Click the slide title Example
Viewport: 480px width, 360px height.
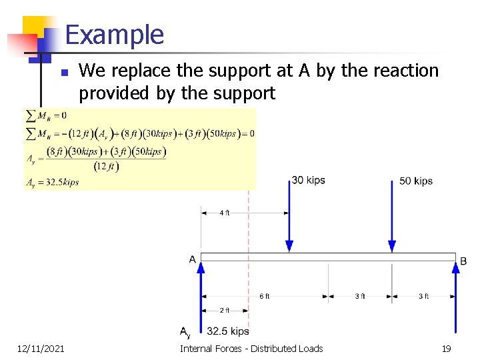(115, 35)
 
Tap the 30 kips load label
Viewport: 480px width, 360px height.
(308, 180)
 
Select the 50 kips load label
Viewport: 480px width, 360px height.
(416, 181)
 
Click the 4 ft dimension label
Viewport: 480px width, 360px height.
(225, 213)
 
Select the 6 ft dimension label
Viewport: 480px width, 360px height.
(265, 296)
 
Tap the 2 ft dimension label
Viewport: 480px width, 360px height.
(225, 310)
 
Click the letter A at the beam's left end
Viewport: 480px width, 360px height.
(192, 259)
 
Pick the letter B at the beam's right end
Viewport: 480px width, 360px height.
(464, 261)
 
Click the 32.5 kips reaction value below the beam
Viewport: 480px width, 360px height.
(228, 331)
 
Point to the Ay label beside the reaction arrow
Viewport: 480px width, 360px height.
(185, 332)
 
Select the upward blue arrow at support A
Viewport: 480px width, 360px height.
(201, 293)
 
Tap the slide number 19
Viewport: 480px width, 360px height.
(446, 349)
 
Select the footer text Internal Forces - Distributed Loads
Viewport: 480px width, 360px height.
(251, 349)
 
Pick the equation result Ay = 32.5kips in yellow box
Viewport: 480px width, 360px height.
(52, 182)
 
